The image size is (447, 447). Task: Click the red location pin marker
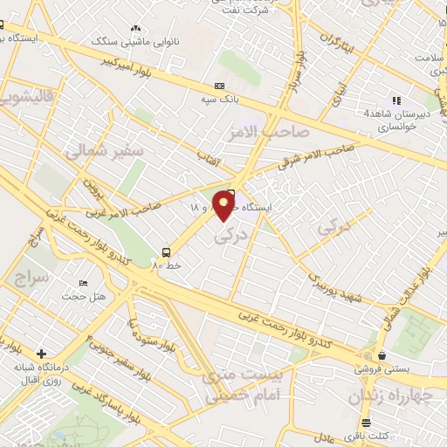tap(224, 206)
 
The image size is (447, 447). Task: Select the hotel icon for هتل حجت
tap(84, 284)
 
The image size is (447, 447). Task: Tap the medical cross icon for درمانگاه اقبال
tap(41, 354)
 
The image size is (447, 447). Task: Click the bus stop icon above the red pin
tap(231, 193)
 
